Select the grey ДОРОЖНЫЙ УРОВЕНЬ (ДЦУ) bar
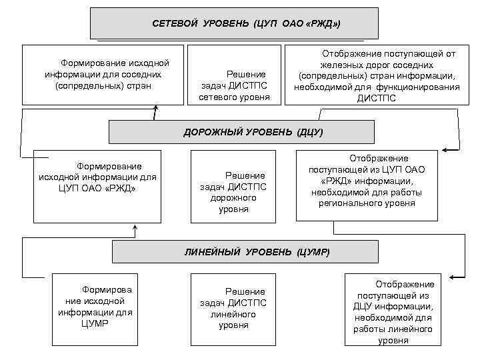pyautogui.click(x=253, y=132)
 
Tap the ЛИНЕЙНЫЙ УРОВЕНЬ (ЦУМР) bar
pyautogui.click(x=257, y=252)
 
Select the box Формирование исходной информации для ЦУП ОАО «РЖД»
pyautogui.click(x=97, y=186)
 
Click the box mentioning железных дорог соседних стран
pyautogui.click(x=377, y=75)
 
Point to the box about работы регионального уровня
pyautogui.click(x=367, y=184)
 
